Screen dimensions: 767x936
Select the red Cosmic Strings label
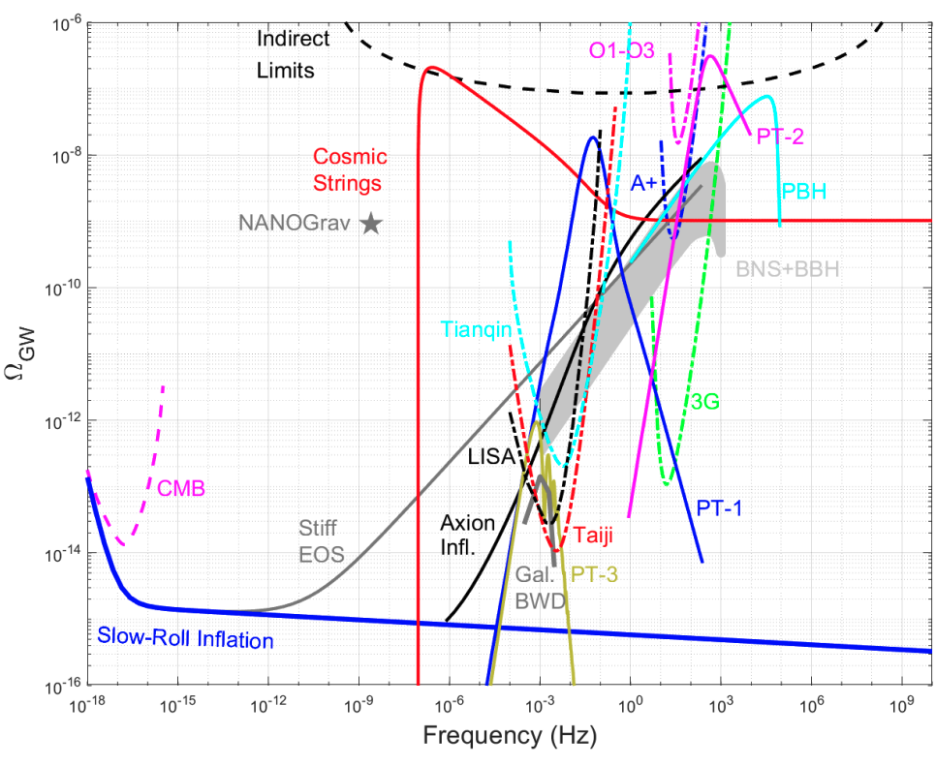[348, 169]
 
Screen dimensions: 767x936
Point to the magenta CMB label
[181, 489]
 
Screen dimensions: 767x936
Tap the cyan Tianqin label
[475, 330]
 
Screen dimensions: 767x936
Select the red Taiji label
[594, 534]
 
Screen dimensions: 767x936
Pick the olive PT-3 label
[596, 573]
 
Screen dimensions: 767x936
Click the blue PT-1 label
[719, 506]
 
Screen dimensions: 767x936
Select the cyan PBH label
[803, 191]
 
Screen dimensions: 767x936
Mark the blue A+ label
[644, 183]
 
